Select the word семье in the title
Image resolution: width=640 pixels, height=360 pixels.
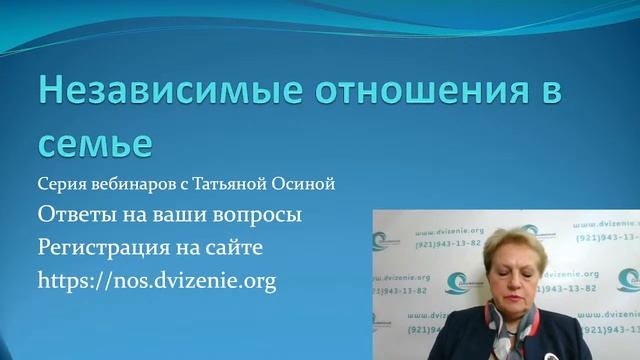point(95,143)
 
